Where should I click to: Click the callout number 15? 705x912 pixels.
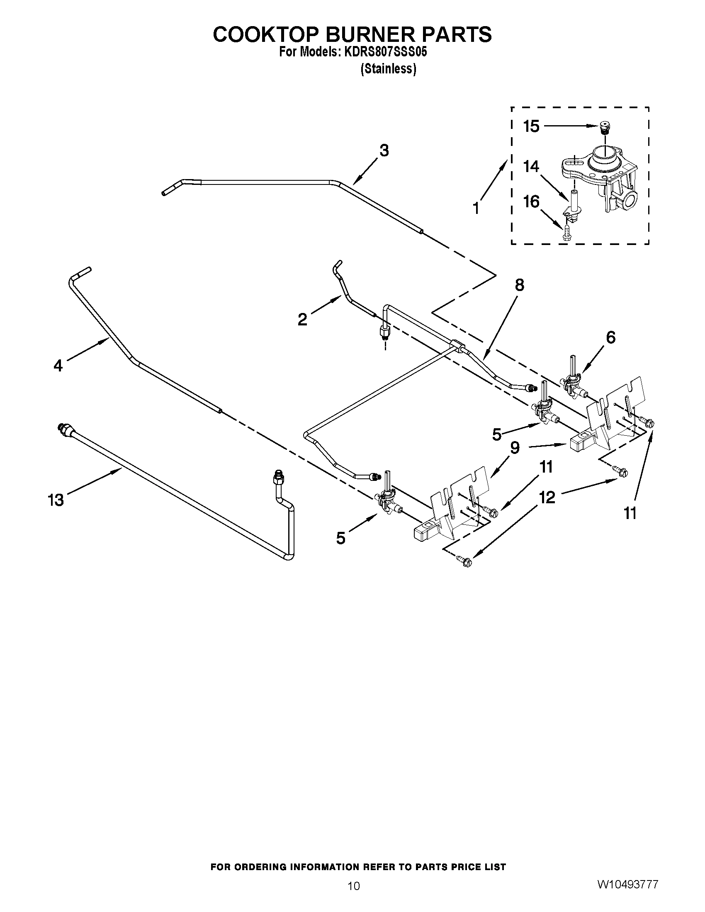[531, 126]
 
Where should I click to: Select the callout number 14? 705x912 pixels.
[531, 167]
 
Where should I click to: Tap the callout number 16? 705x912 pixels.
[531, 202]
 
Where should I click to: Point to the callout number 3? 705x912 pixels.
[384, 150]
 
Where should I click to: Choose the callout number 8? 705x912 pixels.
[519, 285]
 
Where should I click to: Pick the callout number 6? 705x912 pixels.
[610, 337]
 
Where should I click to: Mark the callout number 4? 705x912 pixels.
[58, 366]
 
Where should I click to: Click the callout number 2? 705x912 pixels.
[302, 320]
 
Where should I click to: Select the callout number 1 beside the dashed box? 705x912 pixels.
[476, 208]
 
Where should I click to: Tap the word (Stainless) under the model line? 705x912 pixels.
[389, 69]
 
